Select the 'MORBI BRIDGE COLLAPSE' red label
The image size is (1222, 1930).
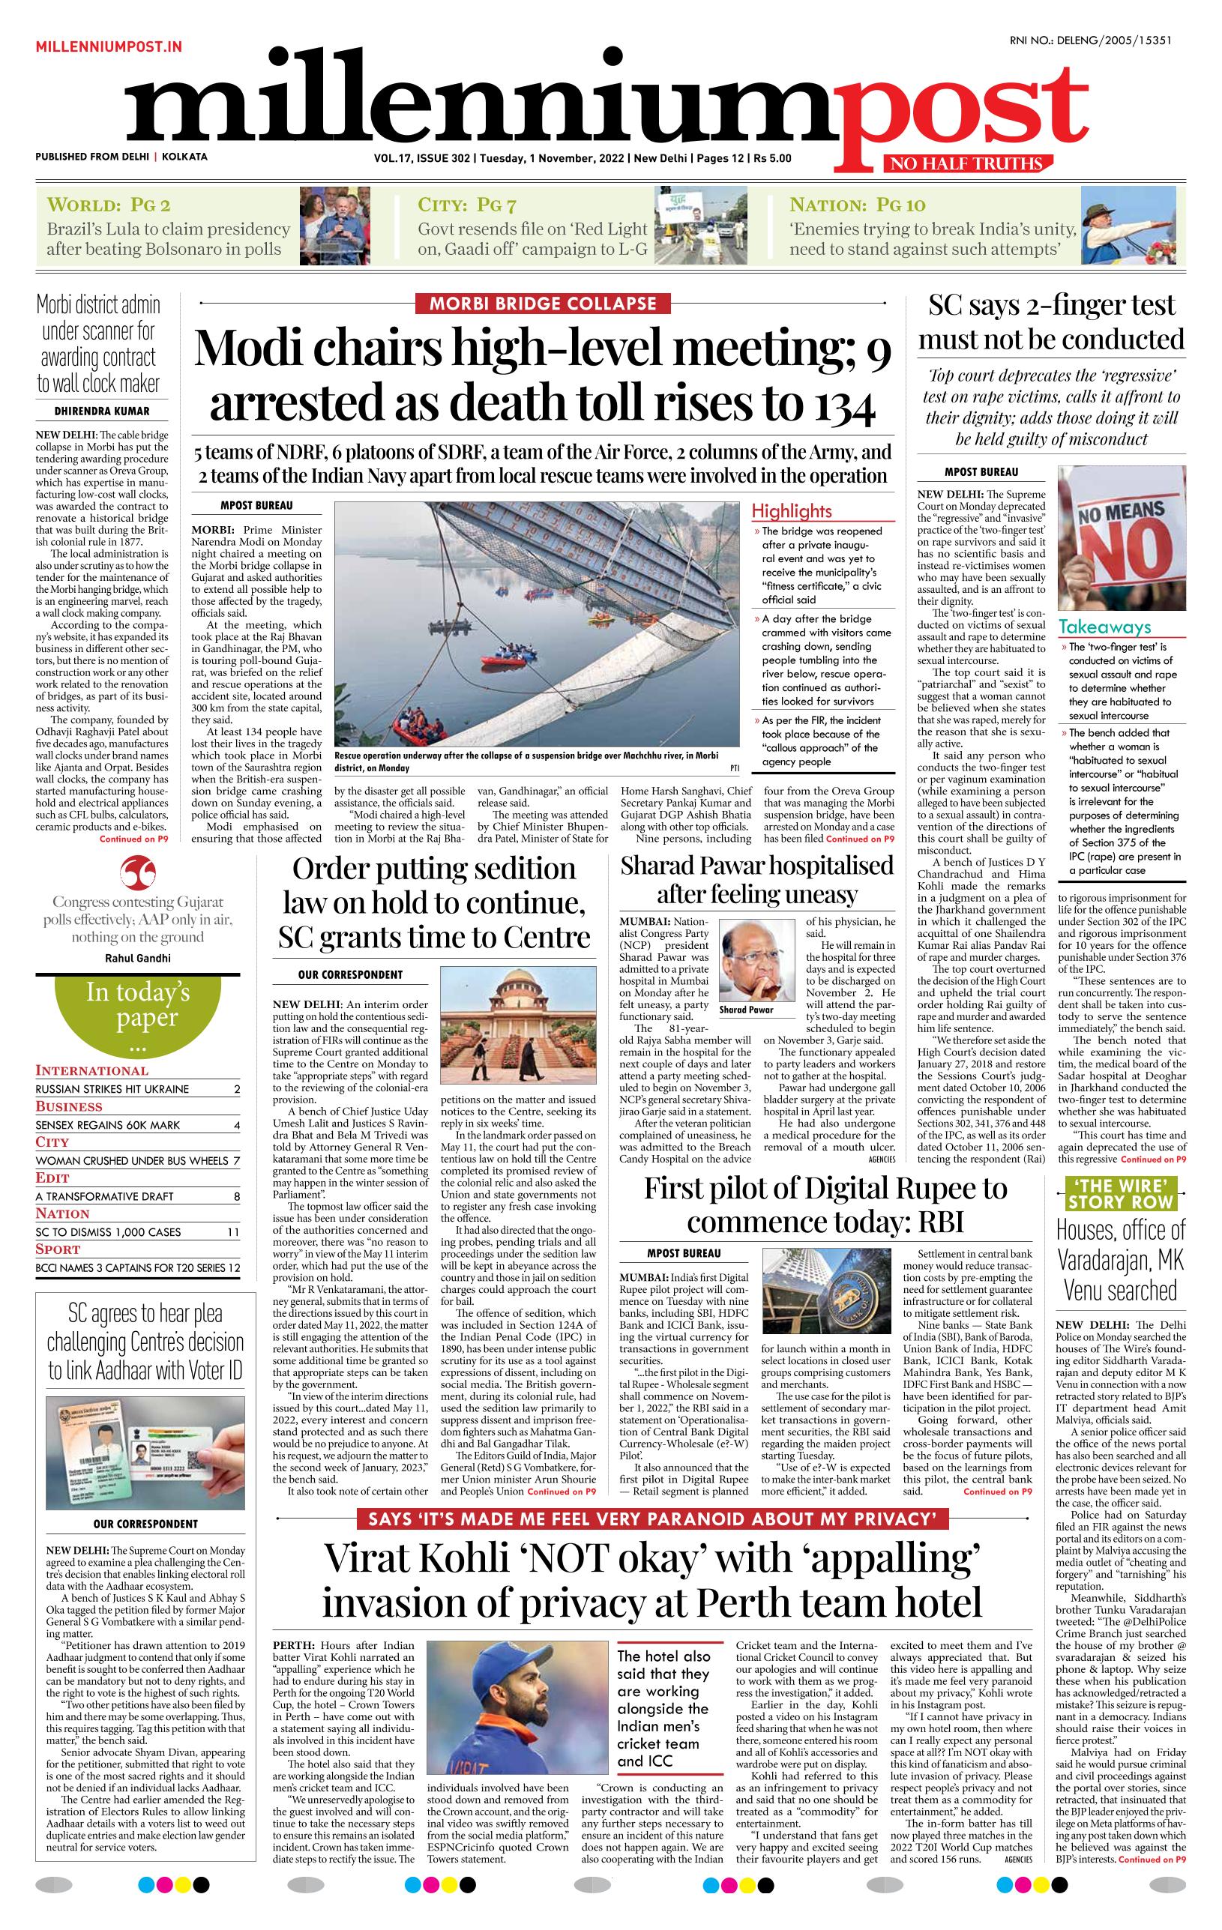(543, 304)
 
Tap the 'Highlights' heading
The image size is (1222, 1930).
(792, 510)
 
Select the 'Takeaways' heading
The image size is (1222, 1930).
(1104, 627)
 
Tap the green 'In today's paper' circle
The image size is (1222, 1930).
(138, 1014)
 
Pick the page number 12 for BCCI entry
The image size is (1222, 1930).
(233, 1268)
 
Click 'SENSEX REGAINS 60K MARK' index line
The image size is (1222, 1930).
(112, 1124)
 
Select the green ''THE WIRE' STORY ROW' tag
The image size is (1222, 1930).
(1120, 1193)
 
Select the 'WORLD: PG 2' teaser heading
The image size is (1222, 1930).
(109, 205)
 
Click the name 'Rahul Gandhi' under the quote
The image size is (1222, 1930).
(138, 958)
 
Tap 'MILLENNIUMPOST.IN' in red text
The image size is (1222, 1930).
(108, 47)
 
